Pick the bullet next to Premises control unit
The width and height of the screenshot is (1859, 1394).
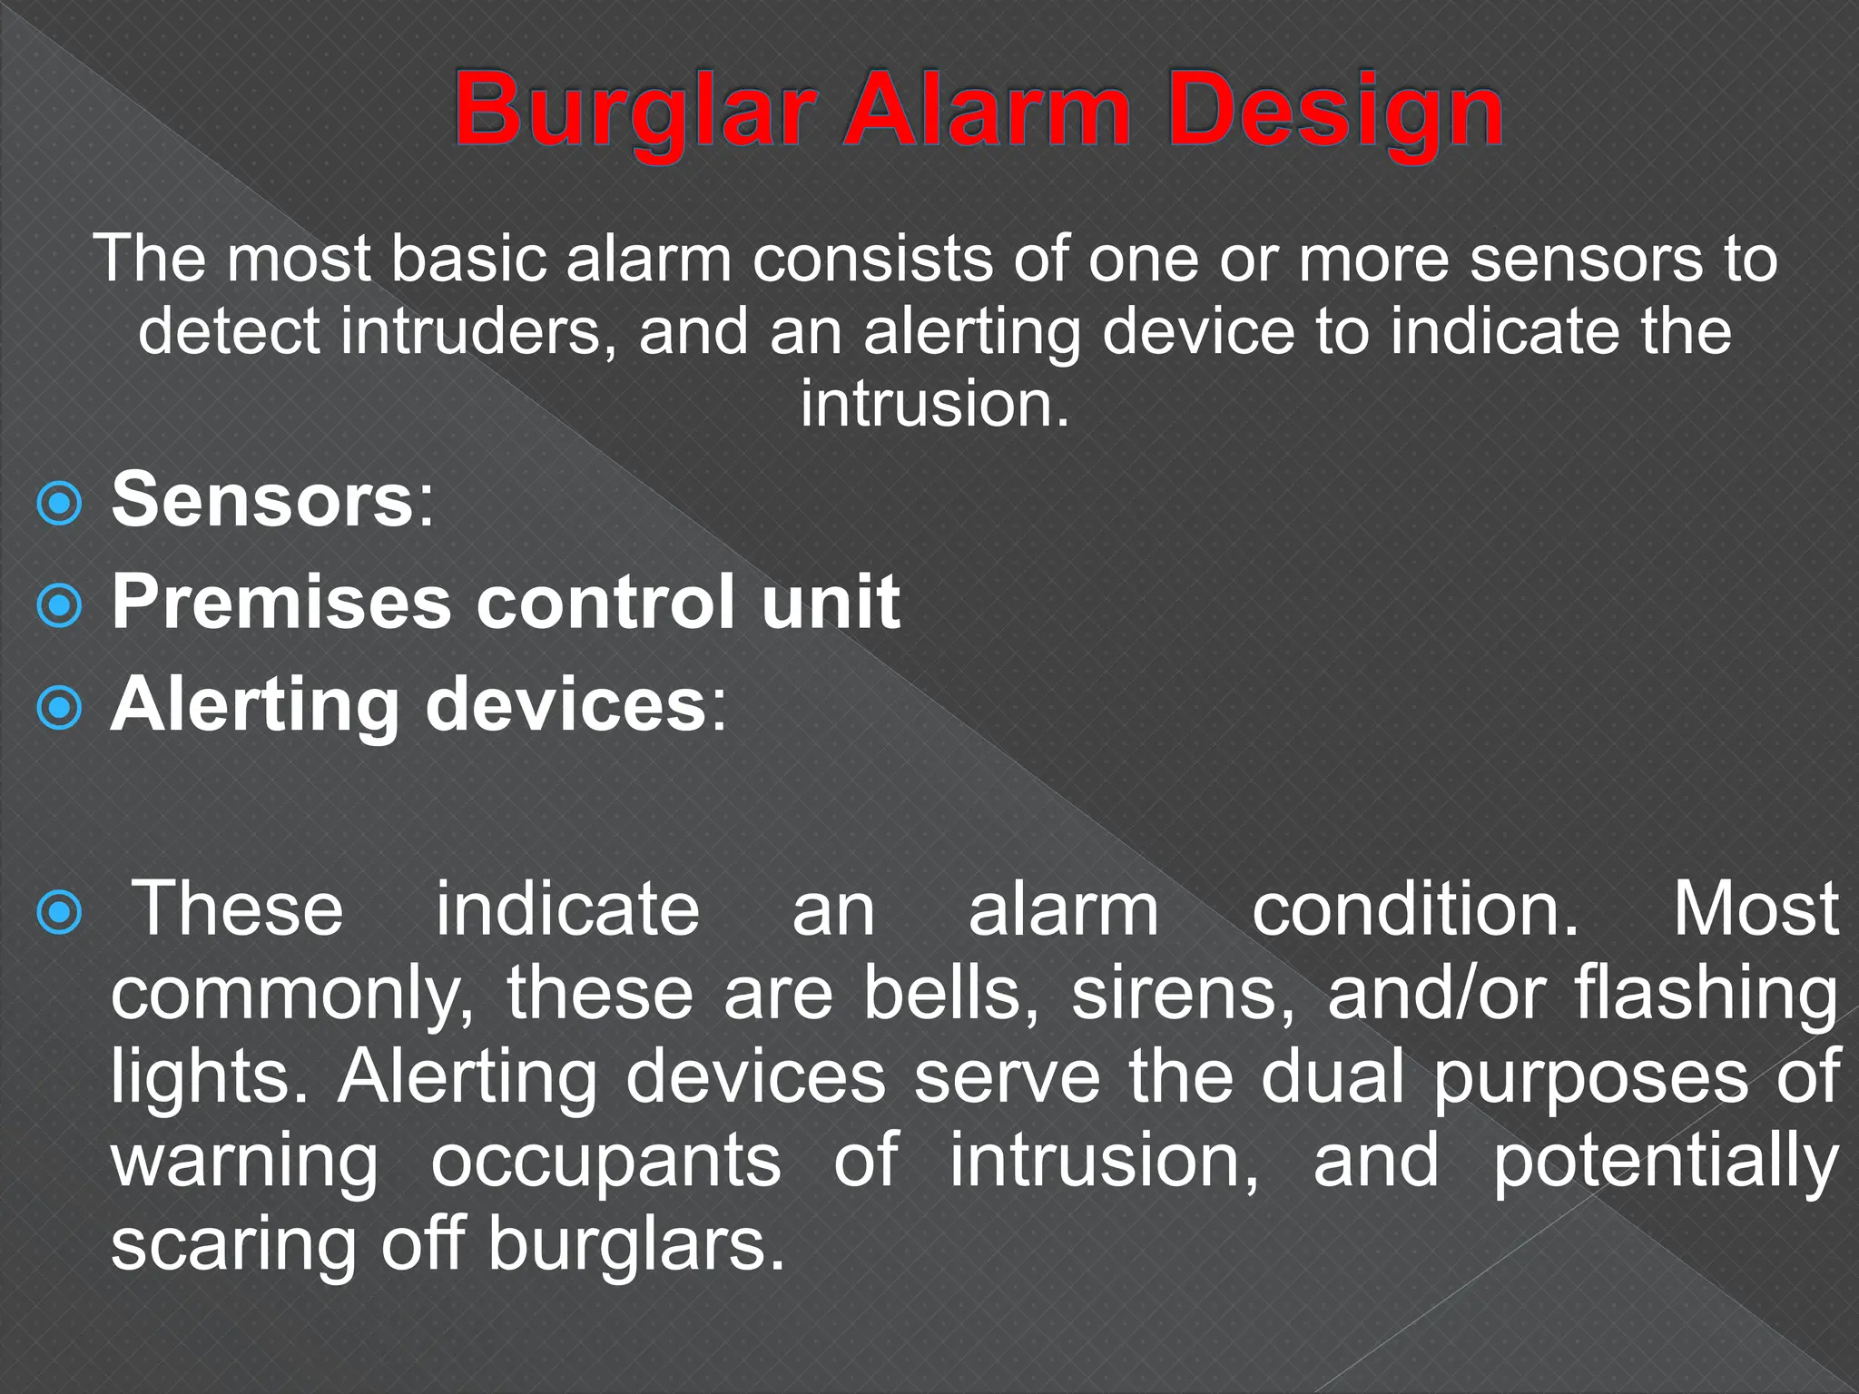[60, 605]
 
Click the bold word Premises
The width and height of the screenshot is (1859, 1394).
[280, 602]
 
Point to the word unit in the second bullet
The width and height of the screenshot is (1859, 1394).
[830, 602]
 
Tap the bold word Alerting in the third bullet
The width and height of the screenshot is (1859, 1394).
[254, 706]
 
